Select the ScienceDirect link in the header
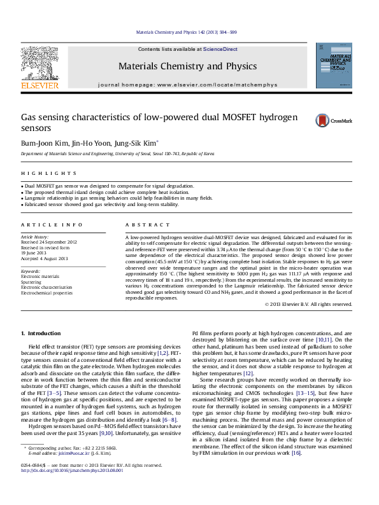point(220,49)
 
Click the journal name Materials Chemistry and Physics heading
point(187,66)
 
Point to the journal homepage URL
point(217,85)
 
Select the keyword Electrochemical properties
point(46,293)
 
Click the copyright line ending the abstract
point(308,304)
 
